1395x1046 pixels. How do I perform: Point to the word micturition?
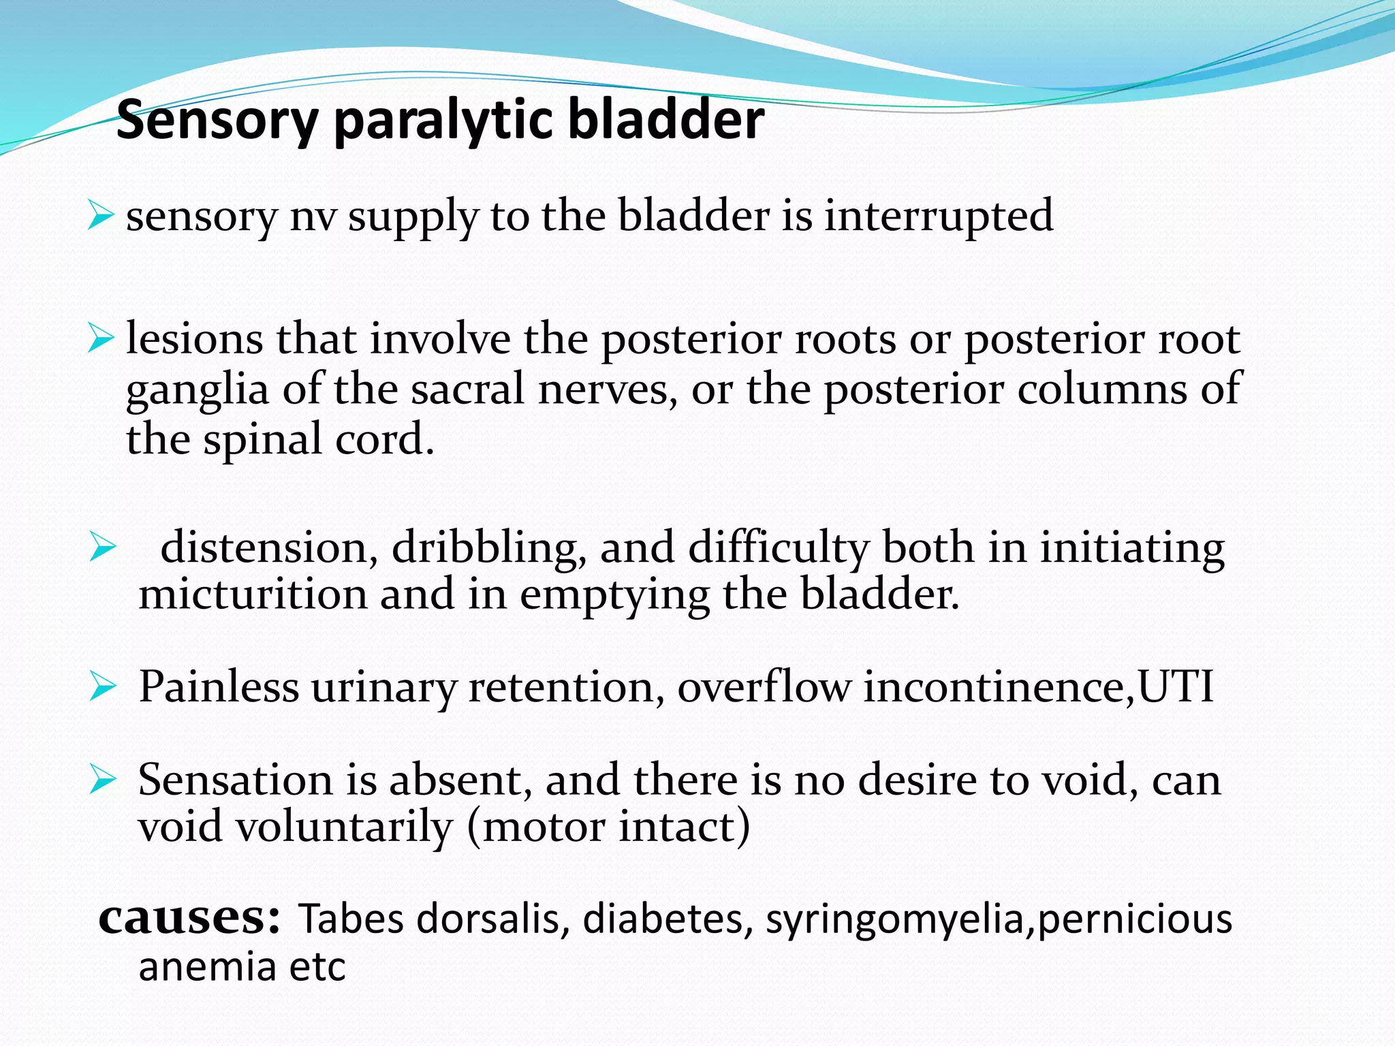253,595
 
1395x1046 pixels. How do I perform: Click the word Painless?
219,686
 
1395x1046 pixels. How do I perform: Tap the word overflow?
764,686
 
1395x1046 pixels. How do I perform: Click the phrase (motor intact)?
609,827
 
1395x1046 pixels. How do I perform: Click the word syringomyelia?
894,920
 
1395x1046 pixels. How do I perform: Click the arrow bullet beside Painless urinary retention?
103,687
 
